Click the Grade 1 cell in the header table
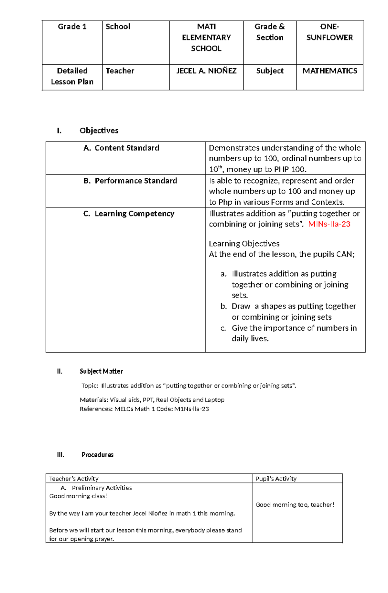[x=72, y=27]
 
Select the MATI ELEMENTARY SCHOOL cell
[x=206, y=37]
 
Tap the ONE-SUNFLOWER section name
[x=329, y=32]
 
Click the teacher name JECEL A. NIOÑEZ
[x=206, y=71]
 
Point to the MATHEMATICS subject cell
[x=329, y=71]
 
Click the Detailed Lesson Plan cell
[x=72, y=76]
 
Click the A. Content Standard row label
[x=121, y=148]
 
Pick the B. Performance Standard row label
[x=130, y=181]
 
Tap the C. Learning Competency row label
[x=129, y=214]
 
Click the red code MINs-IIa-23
[x=329, y=224]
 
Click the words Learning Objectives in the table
[x=244, y=244]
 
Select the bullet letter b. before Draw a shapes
[x=224, y=306]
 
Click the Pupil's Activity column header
[x=276, y=479]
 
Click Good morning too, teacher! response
[x=295, y=505]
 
